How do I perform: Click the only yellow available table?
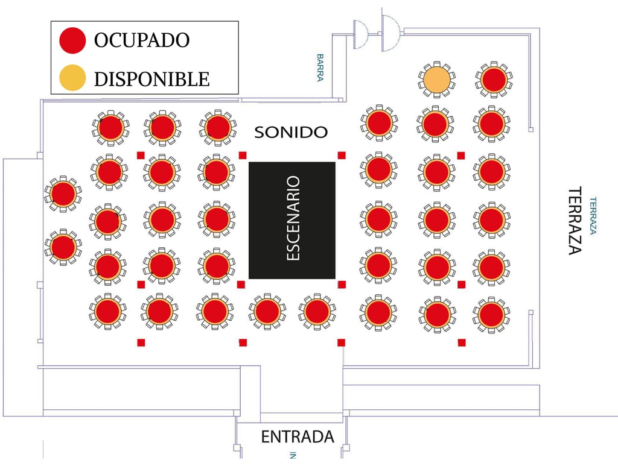(x=437, y=80)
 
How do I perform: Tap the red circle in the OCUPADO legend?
(x=72, y=40)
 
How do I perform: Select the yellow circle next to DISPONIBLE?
(x=72, y=78)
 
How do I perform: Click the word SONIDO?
(x=290, y=132)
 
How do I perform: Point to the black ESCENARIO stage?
(x=292, y=220)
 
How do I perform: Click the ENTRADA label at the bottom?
(x=297, y=436)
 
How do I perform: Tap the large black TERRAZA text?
(x=575, y=220)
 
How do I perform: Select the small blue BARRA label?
(x=320, y=67)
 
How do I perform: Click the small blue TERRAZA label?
(x=593, y=215)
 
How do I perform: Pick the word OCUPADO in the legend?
(x=142, y=40)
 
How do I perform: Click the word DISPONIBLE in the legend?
(x=151, y=78)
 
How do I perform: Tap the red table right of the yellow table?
(x=494, y=80)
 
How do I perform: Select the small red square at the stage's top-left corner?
(x=243, y=155)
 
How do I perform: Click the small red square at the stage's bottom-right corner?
(x=342, y=284)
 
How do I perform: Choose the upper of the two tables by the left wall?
(x=63, y=194)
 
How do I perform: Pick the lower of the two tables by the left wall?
(x=63, y=247)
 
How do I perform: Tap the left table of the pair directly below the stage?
(x=267, y=311)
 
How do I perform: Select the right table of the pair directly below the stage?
(x=317, y=311)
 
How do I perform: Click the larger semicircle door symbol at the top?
(x=390, y=25)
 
